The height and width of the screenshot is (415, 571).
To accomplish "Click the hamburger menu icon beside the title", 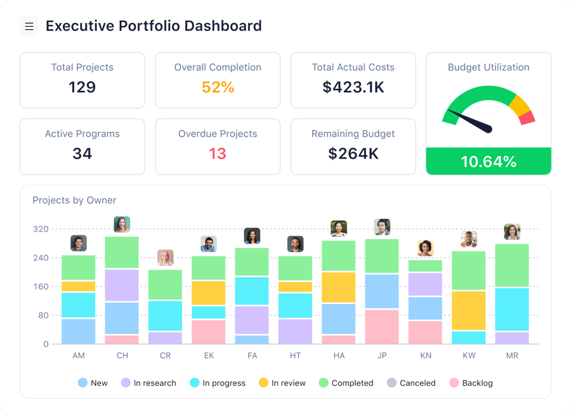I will [x=29, y=26].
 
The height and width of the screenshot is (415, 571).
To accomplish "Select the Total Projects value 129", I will [x=82, y=87].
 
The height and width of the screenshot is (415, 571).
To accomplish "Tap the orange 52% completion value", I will [x=218, y=87].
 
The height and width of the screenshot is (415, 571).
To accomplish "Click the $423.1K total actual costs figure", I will [x=353, y=87].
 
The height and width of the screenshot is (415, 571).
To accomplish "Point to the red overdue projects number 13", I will [x=218, y=154].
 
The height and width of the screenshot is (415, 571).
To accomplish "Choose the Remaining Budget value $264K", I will [x=353, y=154].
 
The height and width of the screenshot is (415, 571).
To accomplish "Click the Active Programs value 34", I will [x=82, y=154].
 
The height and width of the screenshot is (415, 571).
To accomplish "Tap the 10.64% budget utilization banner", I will [x=489, y=161].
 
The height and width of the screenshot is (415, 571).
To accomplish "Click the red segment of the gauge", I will [x=527, y=117].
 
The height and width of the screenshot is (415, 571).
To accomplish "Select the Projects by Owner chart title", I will [x=74, y=201].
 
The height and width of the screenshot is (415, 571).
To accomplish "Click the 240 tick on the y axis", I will [x=41, y=258].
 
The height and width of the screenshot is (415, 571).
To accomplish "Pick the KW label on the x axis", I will [x=469, y=355].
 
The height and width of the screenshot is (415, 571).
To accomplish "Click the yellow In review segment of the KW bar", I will [x=469, y=310].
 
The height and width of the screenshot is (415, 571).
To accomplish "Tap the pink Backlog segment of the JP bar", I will [x=382, y=327].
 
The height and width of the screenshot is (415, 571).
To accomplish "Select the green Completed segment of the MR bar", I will [x=512, y=265].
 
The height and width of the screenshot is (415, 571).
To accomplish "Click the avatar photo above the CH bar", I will [x=122, y=225].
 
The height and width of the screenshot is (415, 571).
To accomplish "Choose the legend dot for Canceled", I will [x=391, y=383].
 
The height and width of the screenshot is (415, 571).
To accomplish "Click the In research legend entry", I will [x=148, y=383].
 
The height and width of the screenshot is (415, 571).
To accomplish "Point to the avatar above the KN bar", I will [x=425, y=247].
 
